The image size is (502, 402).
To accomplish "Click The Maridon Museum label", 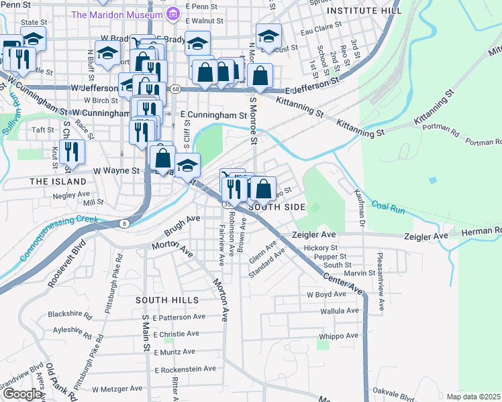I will point(117,14).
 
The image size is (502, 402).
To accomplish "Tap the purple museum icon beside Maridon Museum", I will point(173,13).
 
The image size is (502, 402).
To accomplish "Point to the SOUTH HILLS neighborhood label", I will point(167,299).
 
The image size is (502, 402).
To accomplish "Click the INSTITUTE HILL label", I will point(364,11).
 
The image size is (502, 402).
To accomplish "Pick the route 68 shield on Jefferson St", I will point(174,88).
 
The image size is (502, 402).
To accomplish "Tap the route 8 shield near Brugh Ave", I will point(124,223).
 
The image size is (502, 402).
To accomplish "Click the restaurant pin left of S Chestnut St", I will point(72,151).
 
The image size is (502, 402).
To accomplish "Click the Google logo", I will point(22,394).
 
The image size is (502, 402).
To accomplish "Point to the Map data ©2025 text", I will point(474,397).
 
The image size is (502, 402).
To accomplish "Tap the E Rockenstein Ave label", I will point(185,368).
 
